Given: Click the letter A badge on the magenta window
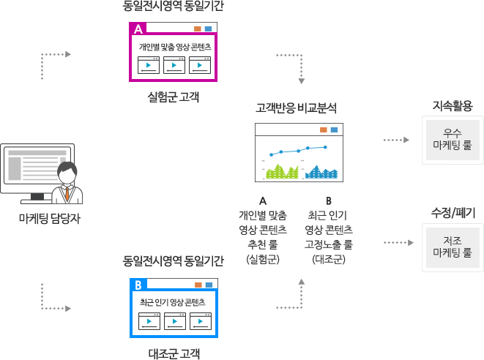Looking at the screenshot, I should (138, 29).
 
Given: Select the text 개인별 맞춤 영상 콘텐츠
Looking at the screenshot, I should (175, 47).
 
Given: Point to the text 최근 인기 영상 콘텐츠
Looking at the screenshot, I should (175, 301).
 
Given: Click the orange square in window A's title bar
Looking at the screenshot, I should (197, 29).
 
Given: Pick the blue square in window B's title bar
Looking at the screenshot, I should (209, 285).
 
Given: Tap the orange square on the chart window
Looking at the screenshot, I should (323, 130).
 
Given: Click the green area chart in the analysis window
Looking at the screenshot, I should (283, 173).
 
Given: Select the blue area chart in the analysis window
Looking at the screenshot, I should (321, 173).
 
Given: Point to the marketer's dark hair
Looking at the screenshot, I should (67, 170).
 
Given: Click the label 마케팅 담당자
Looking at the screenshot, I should (50, 217).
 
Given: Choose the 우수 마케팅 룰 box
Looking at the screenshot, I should (452, 139).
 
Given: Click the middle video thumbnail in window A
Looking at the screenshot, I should (174, 65).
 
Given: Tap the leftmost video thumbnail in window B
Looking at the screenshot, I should (149, 320).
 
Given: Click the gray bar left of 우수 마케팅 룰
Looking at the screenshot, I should (396, 139).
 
